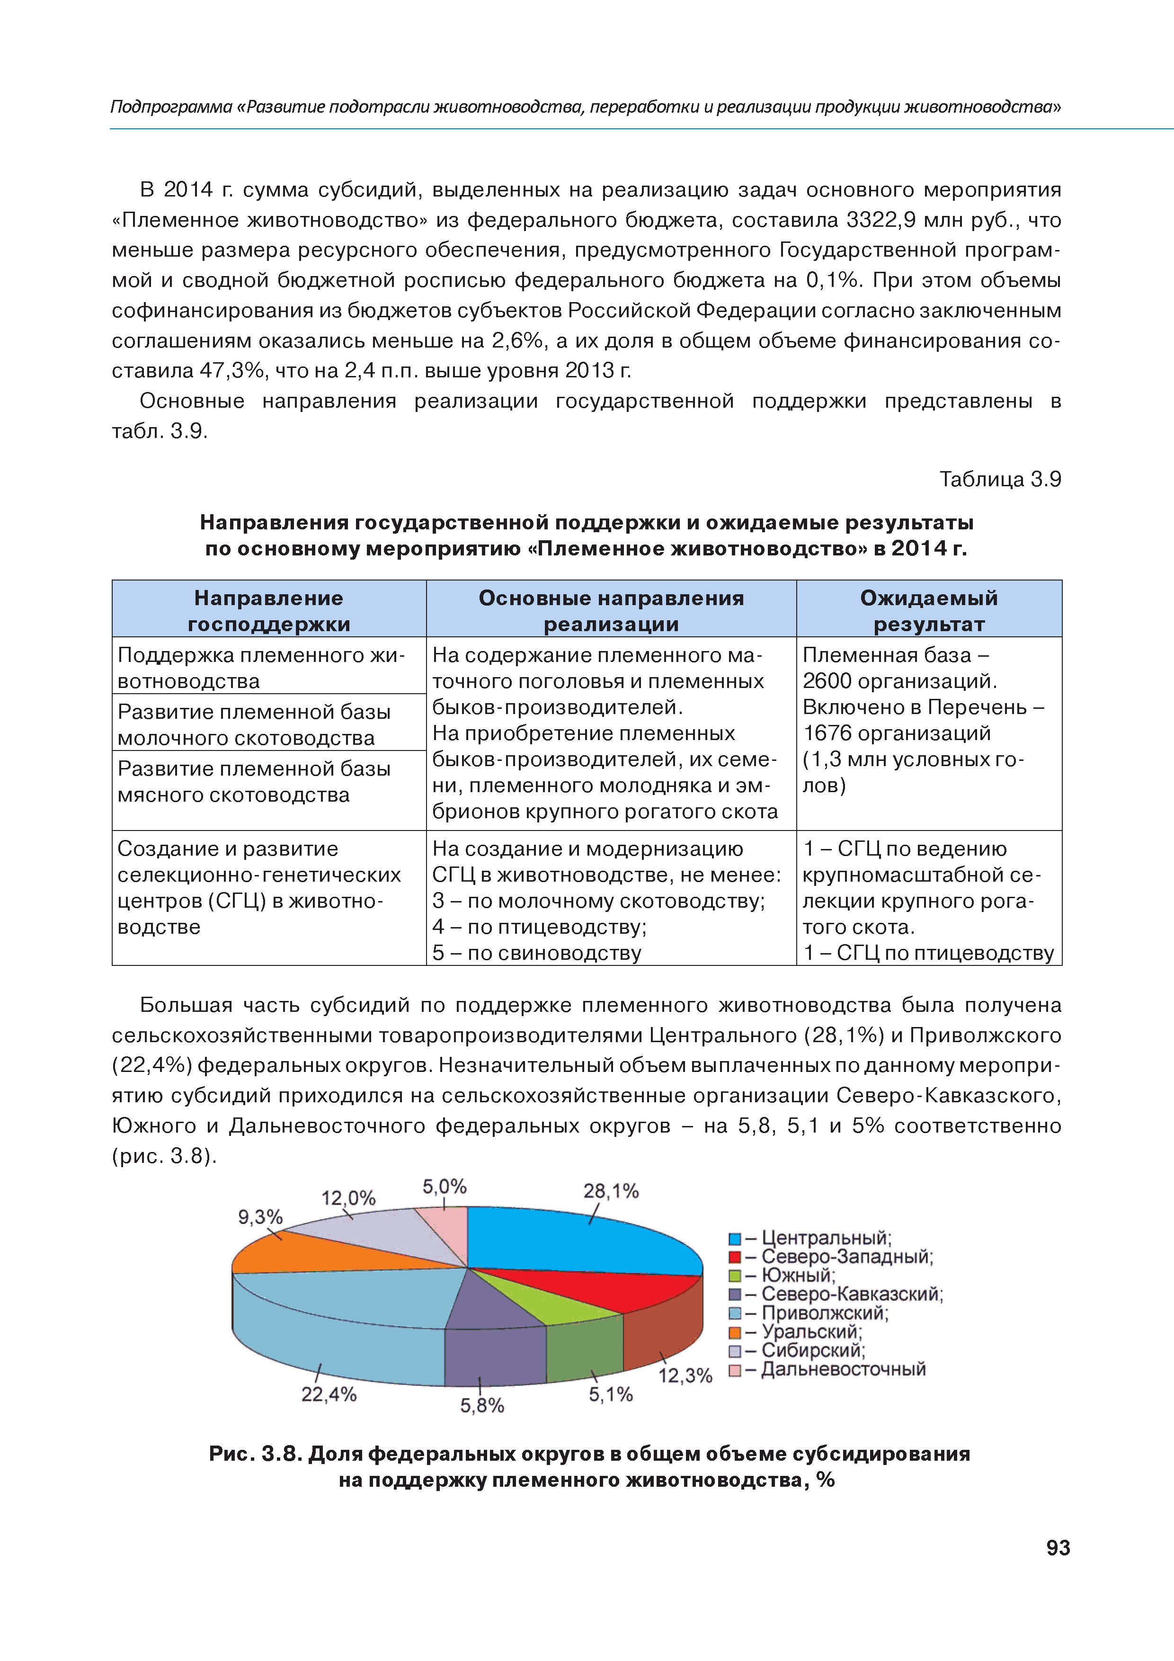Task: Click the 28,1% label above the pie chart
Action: point(611,1191)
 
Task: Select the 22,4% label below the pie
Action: point(329,1393)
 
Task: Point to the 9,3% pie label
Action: point(260,1217)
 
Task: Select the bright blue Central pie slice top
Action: point(578,1241)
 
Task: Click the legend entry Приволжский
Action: point(825,1313)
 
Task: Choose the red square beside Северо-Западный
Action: point(735,1257)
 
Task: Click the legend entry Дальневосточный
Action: point(843,1369)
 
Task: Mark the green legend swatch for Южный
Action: point(735,1276)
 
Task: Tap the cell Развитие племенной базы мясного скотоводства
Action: point(253,782)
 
